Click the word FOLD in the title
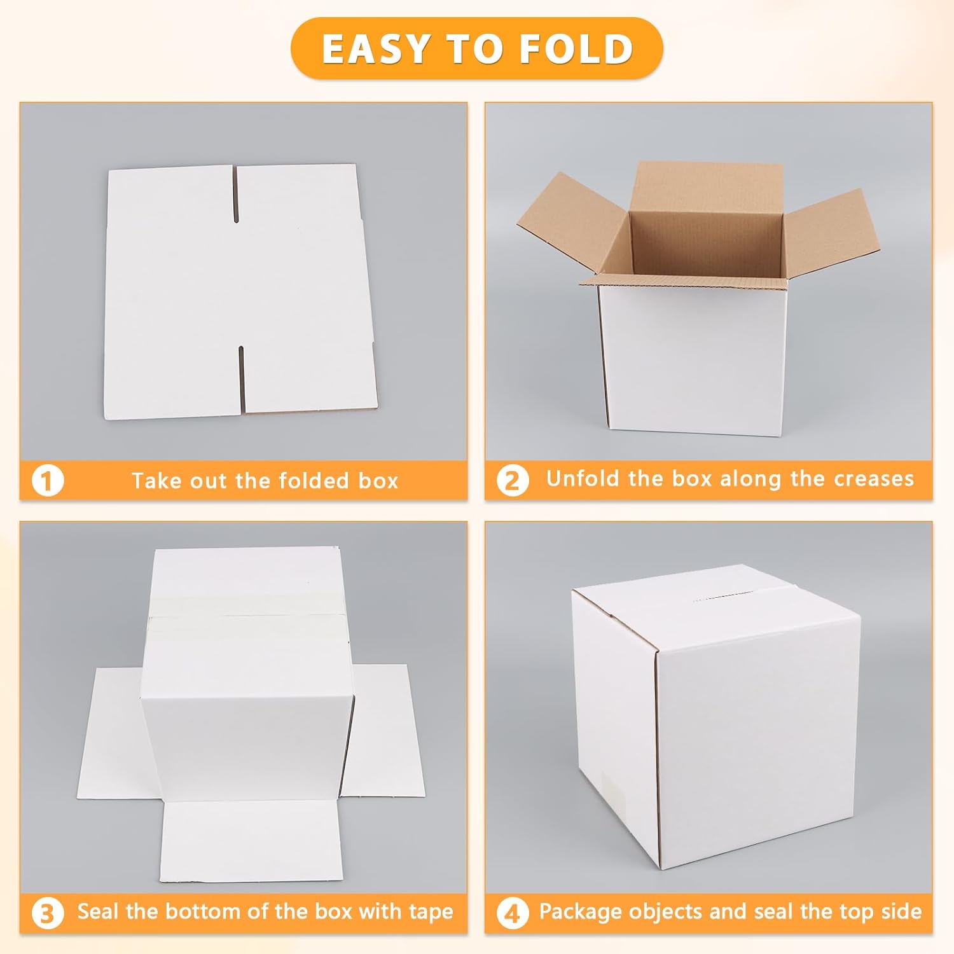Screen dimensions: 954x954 pyautogui.click(x=576, y=49)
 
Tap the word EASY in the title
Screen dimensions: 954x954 pyautogui.click(x=376, y=49)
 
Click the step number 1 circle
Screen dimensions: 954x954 pyautogui.click(x=48, y=481)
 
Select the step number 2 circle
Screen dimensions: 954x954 pyautogui.click(x=513, y=481)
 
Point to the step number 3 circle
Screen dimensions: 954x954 pyautogui.click(x=48, y=914)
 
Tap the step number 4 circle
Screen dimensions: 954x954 pyautogui.click(x=513, y=914)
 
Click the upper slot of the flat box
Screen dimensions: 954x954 pyautogui.click(x=236, y=194)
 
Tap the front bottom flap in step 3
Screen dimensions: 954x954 pyautogui.click(x=251, y=841)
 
